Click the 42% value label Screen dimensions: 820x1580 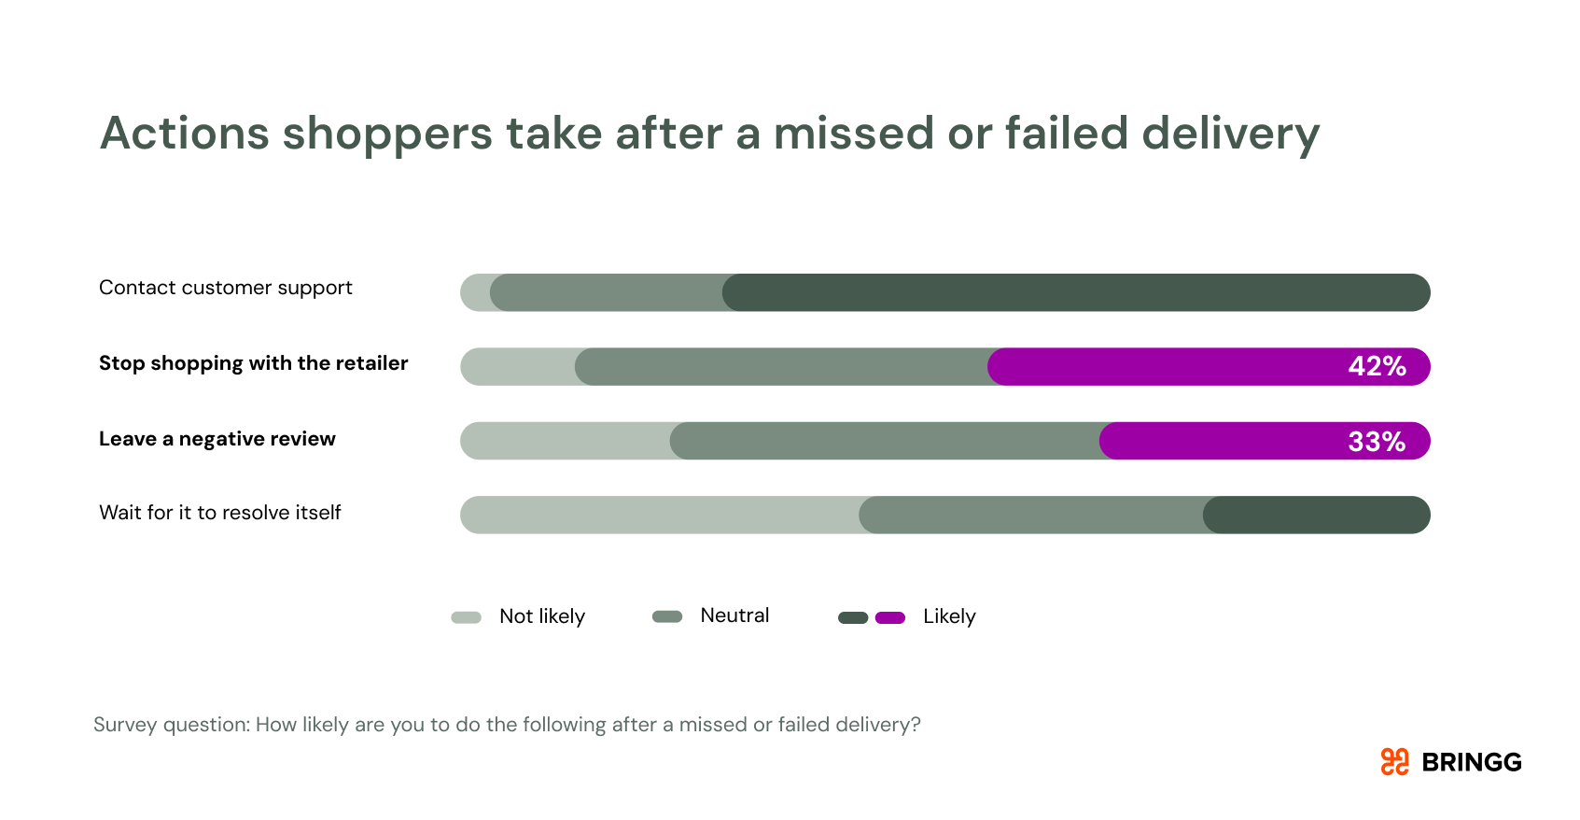point(1377,366)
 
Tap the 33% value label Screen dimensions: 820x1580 point(1377,442)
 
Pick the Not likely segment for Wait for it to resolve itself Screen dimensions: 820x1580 point(658,515)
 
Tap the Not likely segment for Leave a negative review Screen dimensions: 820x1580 point(565,441)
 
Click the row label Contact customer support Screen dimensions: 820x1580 point(226,288)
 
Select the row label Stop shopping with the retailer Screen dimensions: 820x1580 point(254,363)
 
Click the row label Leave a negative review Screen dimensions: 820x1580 point(217,439)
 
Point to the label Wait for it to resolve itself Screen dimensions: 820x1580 point(220,513)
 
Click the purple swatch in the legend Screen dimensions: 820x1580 point(890,617)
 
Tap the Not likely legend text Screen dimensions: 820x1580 point(542,616)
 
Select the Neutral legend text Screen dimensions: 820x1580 point(734,615)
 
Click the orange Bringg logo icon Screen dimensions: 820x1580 point(1394,762)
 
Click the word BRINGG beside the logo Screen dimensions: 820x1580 point(1472,763)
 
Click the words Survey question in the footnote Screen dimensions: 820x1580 point(171,725)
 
